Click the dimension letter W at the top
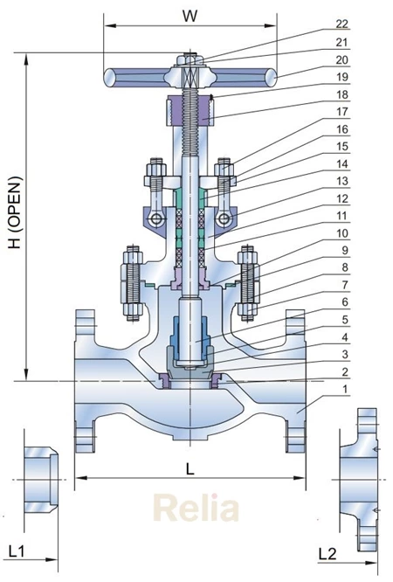190,16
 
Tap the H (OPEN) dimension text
15,212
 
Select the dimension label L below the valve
190,469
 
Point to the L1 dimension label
17,551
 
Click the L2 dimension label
327,554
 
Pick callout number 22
341,24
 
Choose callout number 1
345,389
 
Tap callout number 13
342,181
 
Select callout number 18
342,94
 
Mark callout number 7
345,285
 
